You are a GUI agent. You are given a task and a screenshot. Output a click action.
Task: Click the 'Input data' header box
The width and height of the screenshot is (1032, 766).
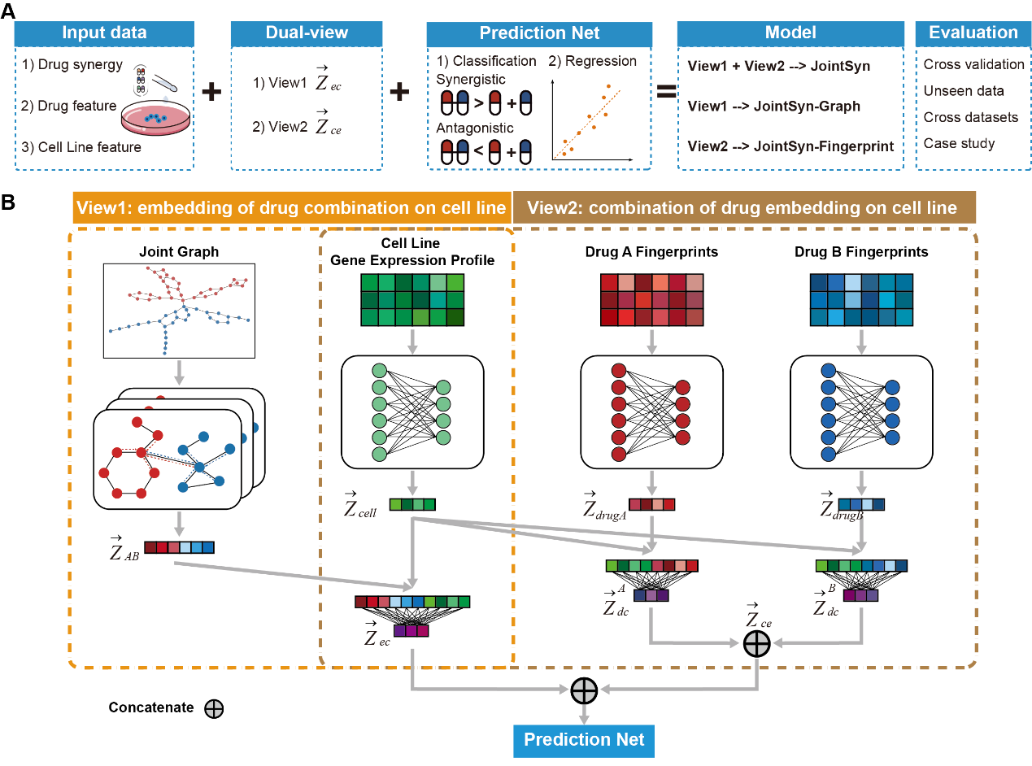pyautogui.click(x=104, y=33)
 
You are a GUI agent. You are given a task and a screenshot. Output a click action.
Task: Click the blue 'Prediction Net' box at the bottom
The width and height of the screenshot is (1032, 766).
pyautogui.click(x=584, y=740)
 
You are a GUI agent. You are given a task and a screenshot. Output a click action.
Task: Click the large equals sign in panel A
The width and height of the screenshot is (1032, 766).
pyautogui.click(x=666, y=92)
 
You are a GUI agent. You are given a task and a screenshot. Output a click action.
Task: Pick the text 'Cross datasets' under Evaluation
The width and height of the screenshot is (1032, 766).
pyautogui.click(x=970, y=117)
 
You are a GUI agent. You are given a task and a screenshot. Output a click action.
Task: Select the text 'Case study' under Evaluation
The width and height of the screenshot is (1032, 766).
pyautogui.click(x=959, y=144)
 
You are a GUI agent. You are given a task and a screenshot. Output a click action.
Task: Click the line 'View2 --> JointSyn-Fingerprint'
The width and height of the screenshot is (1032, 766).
pyautogui.click(x=790, y=146)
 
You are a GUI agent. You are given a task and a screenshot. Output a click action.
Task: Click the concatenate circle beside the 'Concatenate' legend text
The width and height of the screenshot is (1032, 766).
pyautogui.click(x=214, y=708)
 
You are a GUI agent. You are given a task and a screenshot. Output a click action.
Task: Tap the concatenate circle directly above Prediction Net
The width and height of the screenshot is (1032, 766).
pyautogui.click(x=584, y=690)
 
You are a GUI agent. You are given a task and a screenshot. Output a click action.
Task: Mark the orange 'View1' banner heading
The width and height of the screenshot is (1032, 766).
pyautogui.click(x=290, y=208)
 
